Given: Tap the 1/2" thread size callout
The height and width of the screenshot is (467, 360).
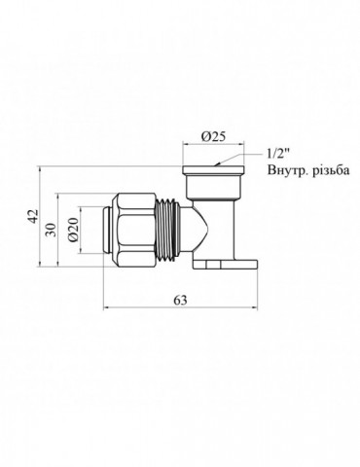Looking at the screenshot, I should coord(276,154).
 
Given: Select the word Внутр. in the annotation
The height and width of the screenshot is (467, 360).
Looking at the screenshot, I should coord(282,169).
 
